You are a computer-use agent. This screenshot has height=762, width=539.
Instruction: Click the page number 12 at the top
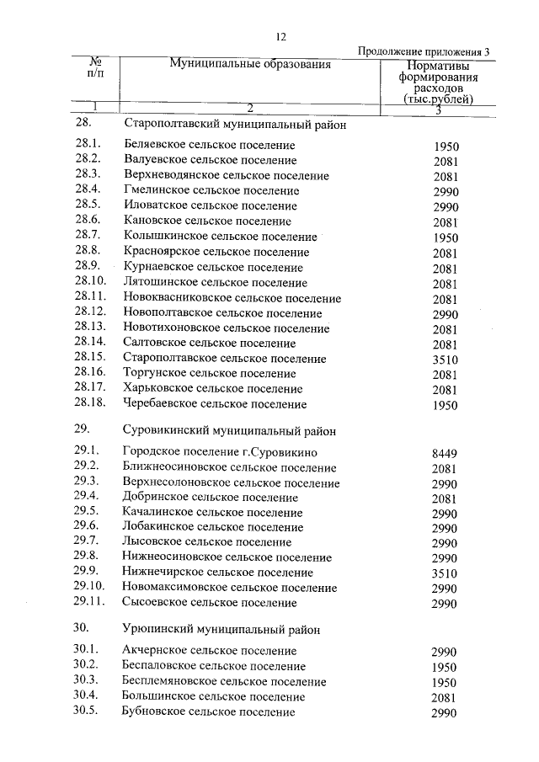[x=280, y=36]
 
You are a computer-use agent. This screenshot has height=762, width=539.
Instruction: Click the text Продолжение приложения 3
[x=423, y=51]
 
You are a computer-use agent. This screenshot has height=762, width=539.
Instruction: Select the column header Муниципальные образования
[x=250, y=64]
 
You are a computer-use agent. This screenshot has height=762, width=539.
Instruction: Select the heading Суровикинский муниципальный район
[x=229, y=430]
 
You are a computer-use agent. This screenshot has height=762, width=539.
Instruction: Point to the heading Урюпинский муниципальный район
[x=221, y=629]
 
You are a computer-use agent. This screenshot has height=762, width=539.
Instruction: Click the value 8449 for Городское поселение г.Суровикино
[x=444, y=454]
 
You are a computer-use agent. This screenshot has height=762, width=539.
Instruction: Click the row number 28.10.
[x=90, y=282]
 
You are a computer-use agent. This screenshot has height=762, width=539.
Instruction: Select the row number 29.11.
[x=90, y=603]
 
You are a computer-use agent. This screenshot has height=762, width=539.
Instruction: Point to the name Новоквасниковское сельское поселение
[x=232, y=298]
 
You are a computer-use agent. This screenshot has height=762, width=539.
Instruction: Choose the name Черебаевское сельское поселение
[x=215, y=404]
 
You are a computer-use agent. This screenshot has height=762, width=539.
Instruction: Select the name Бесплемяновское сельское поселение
[x=224, y=681]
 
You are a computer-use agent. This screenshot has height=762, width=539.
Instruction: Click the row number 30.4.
[x=87, y=696]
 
